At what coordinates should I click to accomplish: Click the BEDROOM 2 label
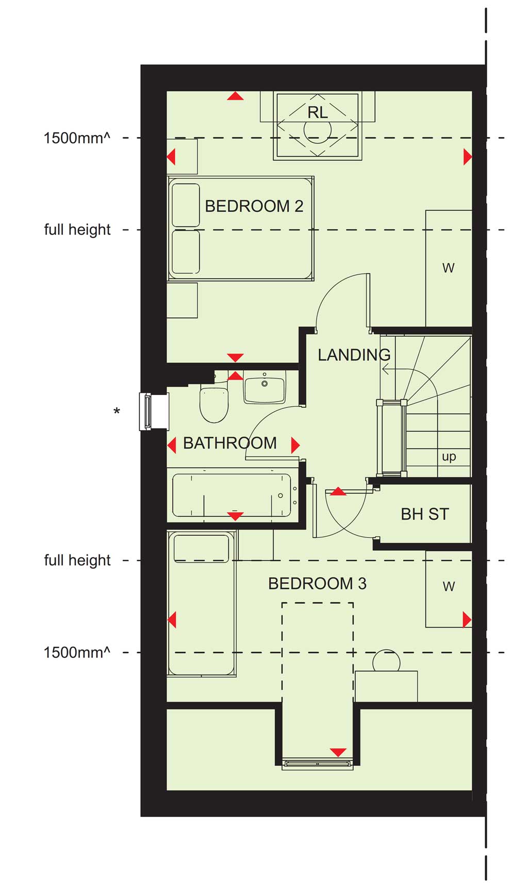(x=254, y=206)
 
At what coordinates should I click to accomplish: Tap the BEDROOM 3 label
(x=317, y=584)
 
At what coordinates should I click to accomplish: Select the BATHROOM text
(x=230, y=443)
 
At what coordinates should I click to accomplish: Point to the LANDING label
(x=354, y=355)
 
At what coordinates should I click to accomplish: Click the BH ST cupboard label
(x=425, y=514)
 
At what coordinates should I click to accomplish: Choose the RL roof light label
(x=318, y=112)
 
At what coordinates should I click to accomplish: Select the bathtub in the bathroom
(x=232, y=495)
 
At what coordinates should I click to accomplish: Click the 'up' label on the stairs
(x=449, y=457)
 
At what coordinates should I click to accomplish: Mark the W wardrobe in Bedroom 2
(x=449, y=268)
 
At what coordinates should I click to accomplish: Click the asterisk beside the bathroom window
(x=117, y=412)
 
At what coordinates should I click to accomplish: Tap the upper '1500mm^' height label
(x=77, y=138)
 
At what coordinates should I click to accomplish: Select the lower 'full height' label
(x=77, y=561)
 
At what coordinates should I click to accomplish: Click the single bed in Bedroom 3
(x=202, y=603)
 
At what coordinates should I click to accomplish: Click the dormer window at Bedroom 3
(x=317, y=764)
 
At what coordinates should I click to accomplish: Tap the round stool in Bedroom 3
(x=386, y=661)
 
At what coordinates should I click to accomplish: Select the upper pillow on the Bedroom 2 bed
(x=186, y=205)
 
